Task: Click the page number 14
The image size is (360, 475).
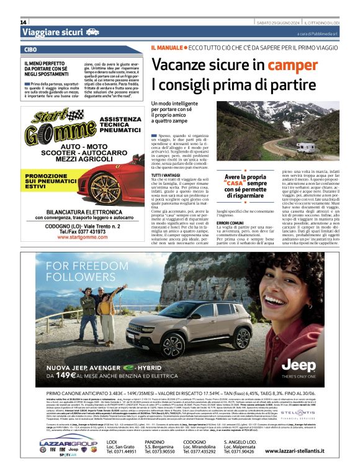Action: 24,22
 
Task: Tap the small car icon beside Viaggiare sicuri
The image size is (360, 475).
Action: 92,32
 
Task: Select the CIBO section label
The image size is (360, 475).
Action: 30,49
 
